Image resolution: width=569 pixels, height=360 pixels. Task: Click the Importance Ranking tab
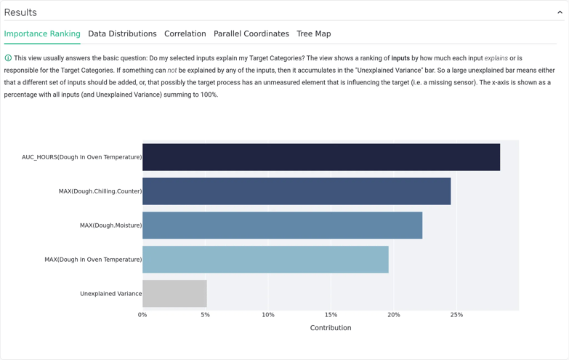[x=42, y=33]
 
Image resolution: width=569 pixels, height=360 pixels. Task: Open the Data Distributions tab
[x=122, y=33]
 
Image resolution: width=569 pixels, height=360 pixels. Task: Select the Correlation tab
[x=185, y=33]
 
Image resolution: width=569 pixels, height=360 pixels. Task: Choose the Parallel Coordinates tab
[x=251, y=33]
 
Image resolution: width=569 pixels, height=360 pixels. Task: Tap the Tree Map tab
[x=313, y=33]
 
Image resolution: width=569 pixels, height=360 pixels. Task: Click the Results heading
[x=20, y=12]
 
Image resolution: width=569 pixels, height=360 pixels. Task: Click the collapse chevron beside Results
[x=560, y=12]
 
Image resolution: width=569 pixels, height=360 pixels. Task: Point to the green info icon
[x=8, y=58]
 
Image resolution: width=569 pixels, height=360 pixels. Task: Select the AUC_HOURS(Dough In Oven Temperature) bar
[x=320, y=157]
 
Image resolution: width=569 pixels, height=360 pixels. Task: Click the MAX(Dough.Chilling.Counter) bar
[x=296, y=191]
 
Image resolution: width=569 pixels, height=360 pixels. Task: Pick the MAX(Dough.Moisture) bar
[x=282, y=225]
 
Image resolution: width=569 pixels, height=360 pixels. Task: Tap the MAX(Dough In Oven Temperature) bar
[x=265, y=260]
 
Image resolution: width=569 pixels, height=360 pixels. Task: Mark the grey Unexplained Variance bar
[x=174, y=294]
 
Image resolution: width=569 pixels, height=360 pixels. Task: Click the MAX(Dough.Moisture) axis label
[x=110, y=225]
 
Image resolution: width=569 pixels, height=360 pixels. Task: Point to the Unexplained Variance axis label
[x=110, y=294]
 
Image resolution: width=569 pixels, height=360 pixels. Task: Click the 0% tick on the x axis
[x=142, y=315]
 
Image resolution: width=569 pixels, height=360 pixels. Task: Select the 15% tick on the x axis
[x=331, y=315]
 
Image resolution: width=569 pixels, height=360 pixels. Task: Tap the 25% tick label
[x=456, y=315]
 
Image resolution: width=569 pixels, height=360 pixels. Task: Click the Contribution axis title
[x=331, y=328]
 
